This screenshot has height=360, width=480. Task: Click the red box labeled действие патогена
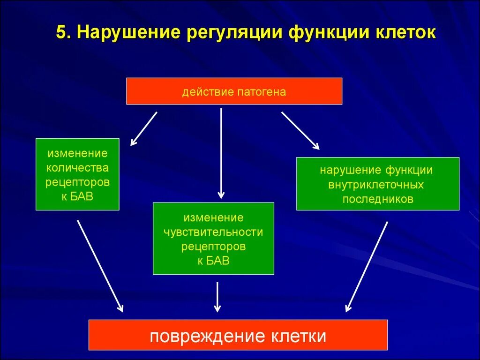[234, 91]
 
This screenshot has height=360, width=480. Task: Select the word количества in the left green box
[77, 167]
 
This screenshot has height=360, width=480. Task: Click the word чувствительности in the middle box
[213, 232]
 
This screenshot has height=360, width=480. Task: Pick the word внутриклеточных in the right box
[376, 185]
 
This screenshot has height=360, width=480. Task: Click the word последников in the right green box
[377, 199]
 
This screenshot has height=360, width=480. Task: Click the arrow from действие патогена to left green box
[143, 128]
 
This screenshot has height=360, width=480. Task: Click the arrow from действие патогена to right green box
[300, 130]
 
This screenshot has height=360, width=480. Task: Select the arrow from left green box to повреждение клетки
[100, 266]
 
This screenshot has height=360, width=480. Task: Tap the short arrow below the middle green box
[217, 297]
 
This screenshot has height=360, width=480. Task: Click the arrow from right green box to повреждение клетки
[367, 266]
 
